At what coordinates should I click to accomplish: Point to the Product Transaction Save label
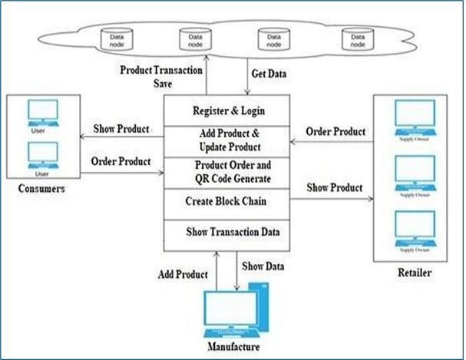(161, 76)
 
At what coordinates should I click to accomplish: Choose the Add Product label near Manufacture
(180, 274)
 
